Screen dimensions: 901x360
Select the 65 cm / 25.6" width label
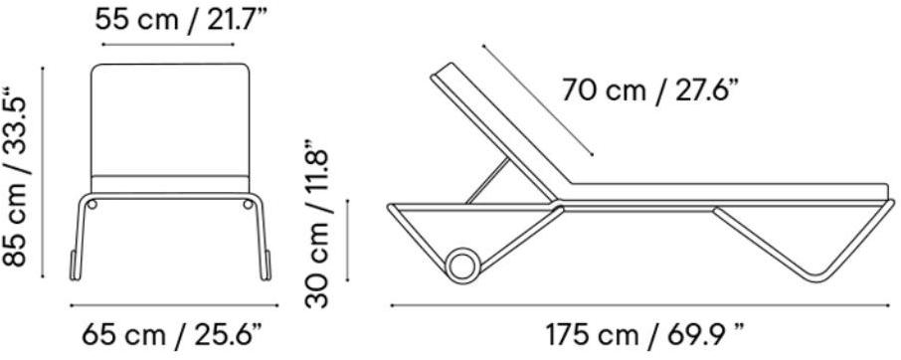tap(172, 334)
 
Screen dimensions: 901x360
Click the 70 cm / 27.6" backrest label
tap(649, 90)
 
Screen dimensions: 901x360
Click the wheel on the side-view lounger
tap(463, 266)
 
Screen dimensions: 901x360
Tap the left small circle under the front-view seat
tap(91, 204)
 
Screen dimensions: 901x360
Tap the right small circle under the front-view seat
tap(248, 204)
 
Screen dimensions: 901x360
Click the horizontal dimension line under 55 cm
tap(168, 44)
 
